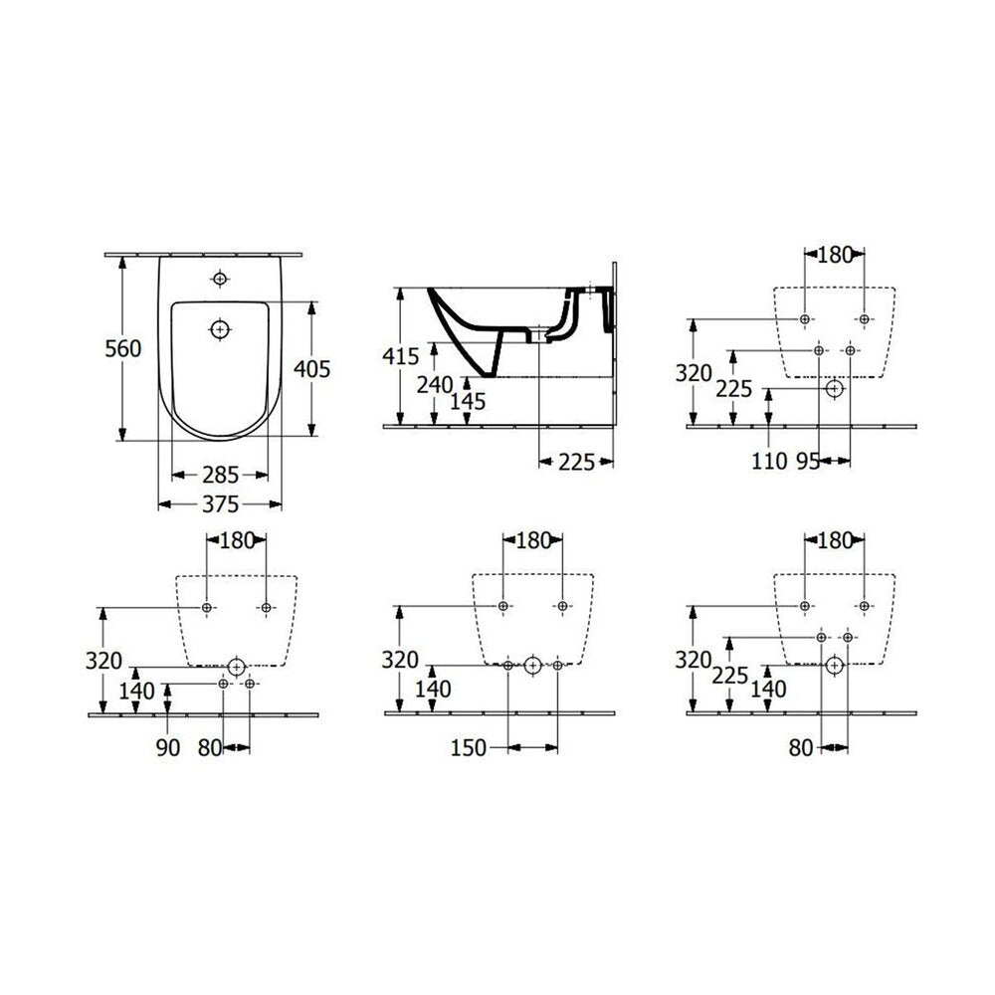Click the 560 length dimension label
click(x=123, y=348)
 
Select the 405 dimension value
click(x=312, y=369)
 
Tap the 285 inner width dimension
click(x=220, y=475)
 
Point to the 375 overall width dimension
click(x=220, y=504)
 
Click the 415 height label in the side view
click(x=401, y=356)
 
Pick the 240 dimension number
click(x=435, y=384)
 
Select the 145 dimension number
click(x=468, y=401)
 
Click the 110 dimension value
click(x=769, y=462)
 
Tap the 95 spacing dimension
click(x=808, y=462)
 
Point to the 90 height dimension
click(x=168, y=747)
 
